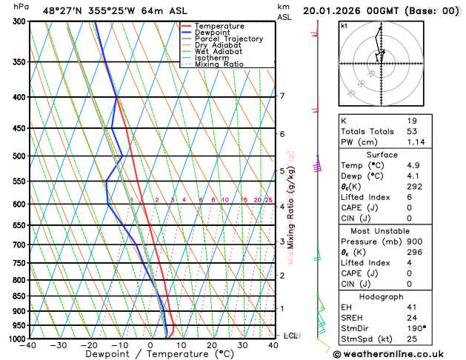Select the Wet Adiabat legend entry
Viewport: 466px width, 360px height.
click(217, 52)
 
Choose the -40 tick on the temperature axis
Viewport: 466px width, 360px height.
click(29, 345)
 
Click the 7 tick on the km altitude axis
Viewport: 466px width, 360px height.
click(282, 96)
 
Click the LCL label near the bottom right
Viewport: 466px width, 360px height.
click(291, 336)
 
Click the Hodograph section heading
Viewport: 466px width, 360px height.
click(397, 296)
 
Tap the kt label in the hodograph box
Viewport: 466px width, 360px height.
click(344, 25)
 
